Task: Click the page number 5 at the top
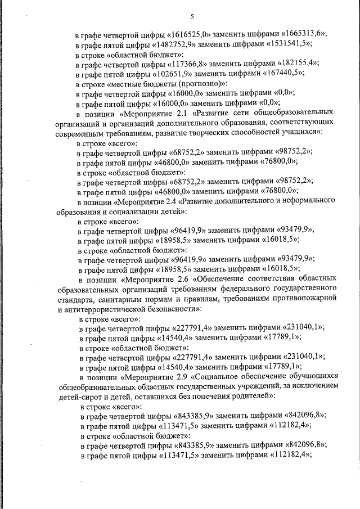point(192,16)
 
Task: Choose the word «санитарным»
point(119,299)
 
